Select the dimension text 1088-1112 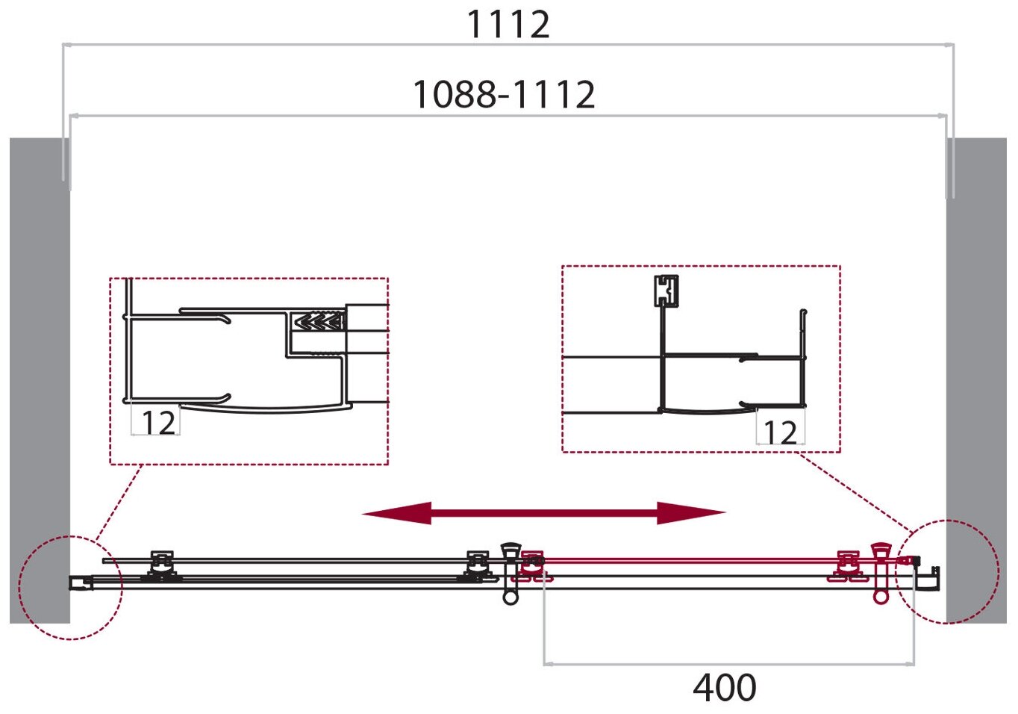click(x=504, y=95)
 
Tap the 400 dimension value click(x=724, y=687)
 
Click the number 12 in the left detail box click(x=158, y=423)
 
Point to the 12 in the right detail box click(x=780, y=432)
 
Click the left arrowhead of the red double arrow click(x=396, y=513)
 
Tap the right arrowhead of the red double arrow click(x=690, y=513)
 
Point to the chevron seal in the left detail click(x=319, y=323)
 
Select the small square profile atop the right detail click(x=666, y=291)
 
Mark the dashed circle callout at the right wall click(x=948, y=571)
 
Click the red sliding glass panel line click(x=687, y=559)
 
